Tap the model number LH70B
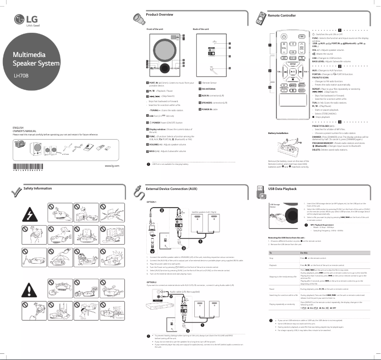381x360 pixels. tap(21, 75)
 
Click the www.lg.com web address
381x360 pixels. tap(111, 166)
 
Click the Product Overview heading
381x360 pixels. tap(159, 15)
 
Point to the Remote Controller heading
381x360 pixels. tap(282, 16)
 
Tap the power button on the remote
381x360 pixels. tap(283, 37)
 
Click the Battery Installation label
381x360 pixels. tap(279, 133)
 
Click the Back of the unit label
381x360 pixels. tap(201, 29)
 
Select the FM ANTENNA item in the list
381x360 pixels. tap(210, 89)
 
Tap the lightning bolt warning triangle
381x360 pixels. tap(29, 215)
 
